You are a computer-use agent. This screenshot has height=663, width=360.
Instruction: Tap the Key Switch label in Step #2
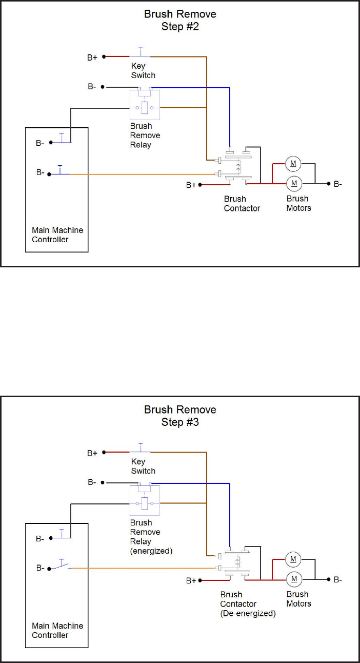coord(143,71)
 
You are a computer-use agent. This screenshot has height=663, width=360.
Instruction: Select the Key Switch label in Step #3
coord(143,466)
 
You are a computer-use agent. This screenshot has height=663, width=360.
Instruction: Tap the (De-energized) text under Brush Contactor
coord(248,613)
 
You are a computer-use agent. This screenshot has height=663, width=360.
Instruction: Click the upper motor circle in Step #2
coord(294,164)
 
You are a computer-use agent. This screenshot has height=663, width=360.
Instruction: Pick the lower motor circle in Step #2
coord(294,183)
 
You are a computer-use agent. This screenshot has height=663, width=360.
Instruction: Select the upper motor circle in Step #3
coord(294,559)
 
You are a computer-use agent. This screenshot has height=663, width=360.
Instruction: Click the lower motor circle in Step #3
coord(294,579)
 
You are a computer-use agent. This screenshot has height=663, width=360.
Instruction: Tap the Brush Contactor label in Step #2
coord(242,203)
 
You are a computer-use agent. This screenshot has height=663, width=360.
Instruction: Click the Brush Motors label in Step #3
coord(298,599)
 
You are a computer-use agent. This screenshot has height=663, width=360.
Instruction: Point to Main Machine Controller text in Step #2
coord(57,235)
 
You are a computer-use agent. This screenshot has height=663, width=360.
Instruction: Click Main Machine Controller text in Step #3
coord(57,630)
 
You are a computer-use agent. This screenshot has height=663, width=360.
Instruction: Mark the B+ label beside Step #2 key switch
coord(92,57)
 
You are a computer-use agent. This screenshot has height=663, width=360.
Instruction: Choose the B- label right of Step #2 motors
coord(338,184)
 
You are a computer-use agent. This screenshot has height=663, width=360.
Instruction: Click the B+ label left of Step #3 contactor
coord(191,580)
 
